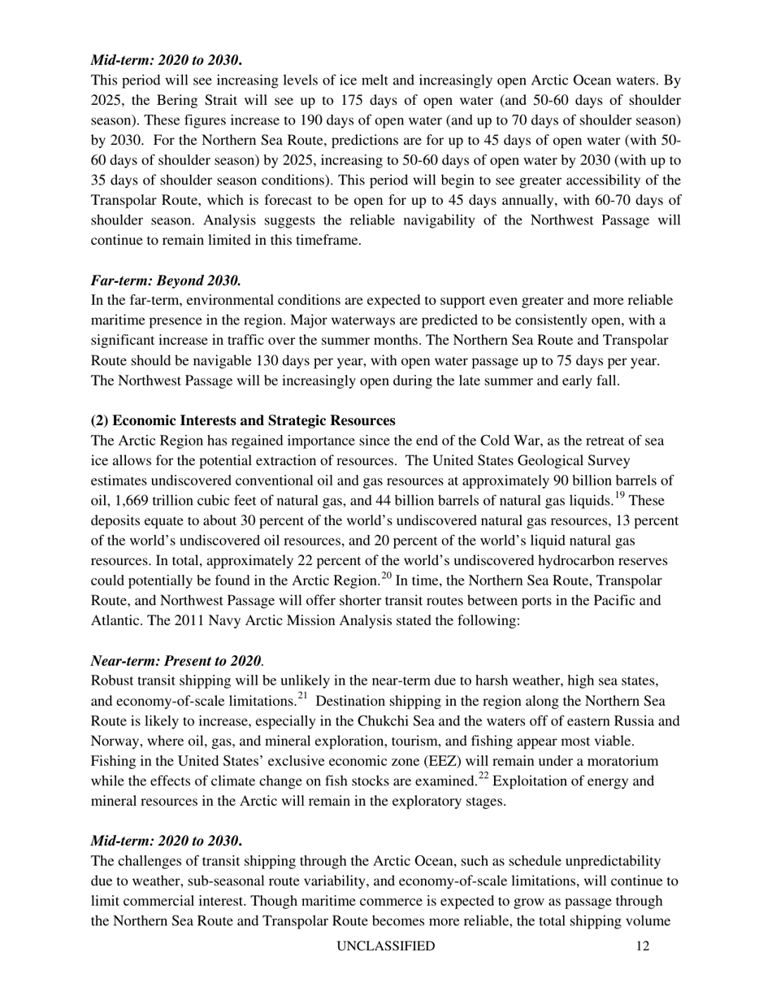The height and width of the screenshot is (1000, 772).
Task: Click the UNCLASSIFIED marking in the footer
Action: click(386, 946)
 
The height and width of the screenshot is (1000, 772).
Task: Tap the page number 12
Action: click(644, 946)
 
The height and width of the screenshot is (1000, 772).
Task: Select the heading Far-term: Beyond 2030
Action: click(166, 280)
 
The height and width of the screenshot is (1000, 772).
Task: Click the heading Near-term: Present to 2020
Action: click(176, 661)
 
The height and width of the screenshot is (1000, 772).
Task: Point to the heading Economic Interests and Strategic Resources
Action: click(243, 420)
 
